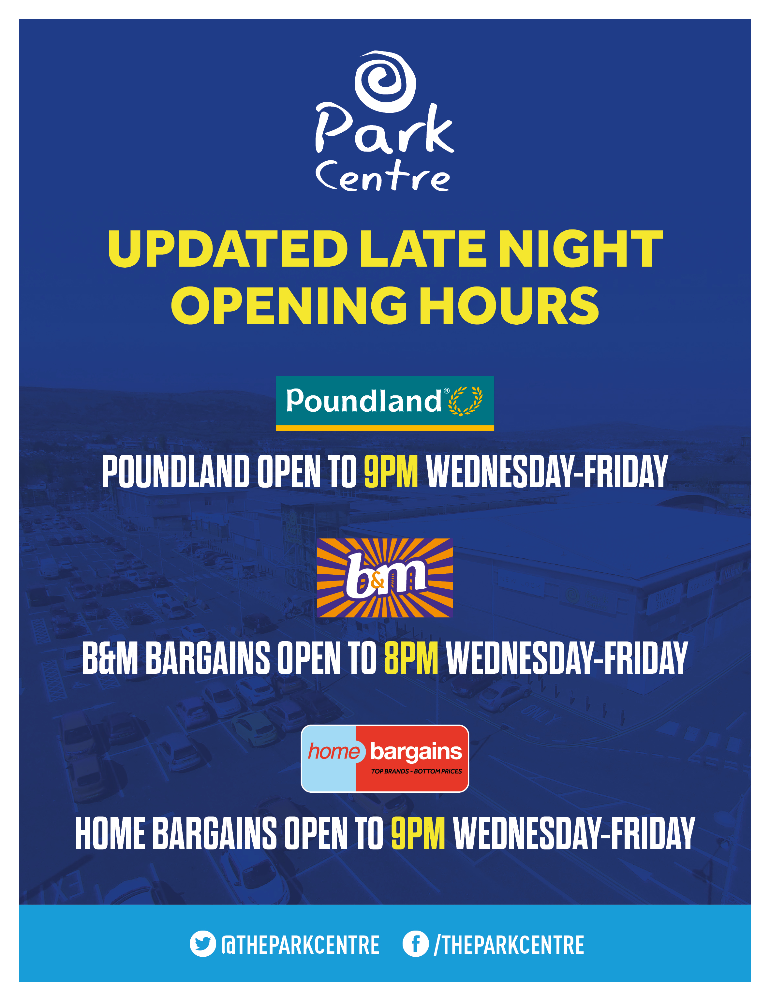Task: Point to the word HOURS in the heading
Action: click(509, 305)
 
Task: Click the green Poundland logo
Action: click(385, 403)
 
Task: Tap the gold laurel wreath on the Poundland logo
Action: click(465, 401)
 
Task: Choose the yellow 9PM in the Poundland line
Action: click(391, 472)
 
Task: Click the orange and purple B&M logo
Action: click(385, 578)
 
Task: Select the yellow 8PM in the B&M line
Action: click(411, 658)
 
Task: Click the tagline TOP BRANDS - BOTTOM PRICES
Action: click(416, 772)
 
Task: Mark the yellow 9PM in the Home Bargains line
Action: click(418, 833)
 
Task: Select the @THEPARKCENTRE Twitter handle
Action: click(300, 945)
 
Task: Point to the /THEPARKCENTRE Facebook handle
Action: click(509, 945)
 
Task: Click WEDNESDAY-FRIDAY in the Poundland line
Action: click(547, 472)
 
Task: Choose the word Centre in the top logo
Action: click(383, 176)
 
